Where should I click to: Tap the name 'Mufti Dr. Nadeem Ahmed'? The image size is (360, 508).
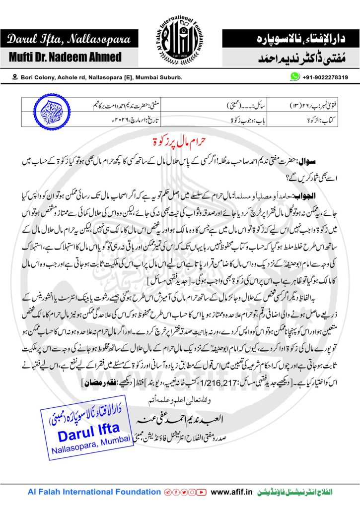(x=65, y=57)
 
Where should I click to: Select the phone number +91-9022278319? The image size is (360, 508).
(x=325, y=77)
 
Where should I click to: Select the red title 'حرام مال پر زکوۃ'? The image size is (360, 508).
(x=180, y=137)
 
